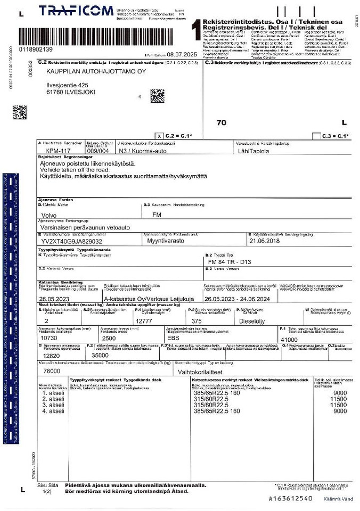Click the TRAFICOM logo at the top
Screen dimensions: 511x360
pyautogui.click(x=76, y=11)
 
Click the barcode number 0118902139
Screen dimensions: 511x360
pyautogui.click(x=36, y=50)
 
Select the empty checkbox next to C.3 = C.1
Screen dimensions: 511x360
pyautogui.click(x=316, y=136)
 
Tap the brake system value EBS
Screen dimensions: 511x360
pyautogui.click(x=174, y=338)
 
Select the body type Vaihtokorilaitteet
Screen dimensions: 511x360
pyautogui.click(x=204, y=370)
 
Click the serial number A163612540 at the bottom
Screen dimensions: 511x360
pyautogui.click(x=291, y=498)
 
